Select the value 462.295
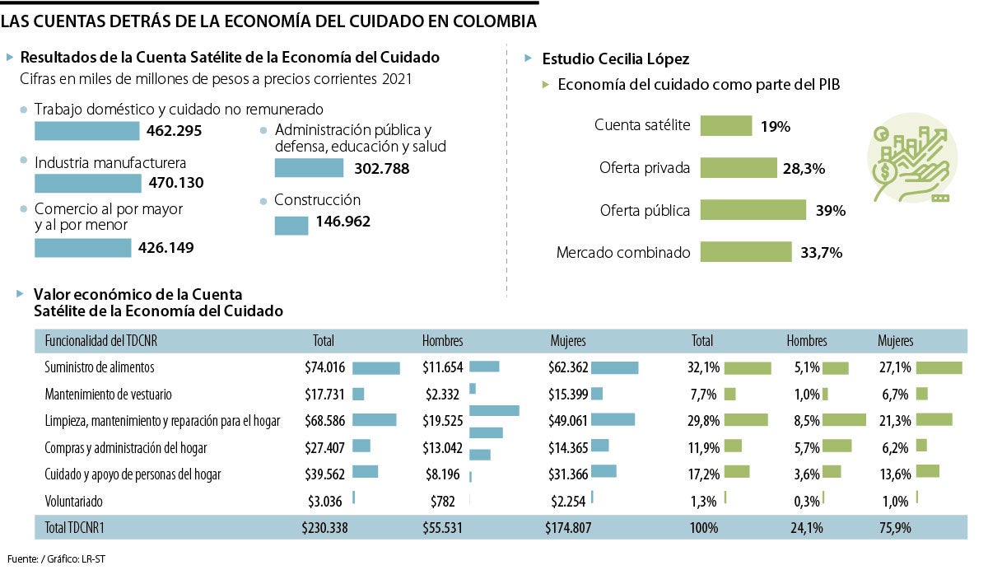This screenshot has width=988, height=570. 174,131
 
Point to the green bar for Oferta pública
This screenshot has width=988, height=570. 753,210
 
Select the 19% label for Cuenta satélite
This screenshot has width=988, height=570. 775,126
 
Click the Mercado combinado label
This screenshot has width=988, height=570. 623,253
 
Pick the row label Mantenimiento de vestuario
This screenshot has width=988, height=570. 108,394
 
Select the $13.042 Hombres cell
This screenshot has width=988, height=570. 442,447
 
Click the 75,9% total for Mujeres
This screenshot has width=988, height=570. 894,527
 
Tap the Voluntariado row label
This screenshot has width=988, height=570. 74,501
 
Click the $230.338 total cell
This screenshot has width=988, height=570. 324,527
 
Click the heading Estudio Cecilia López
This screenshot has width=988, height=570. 615,59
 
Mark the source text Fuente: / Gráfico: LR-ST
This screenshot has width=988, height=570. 57,559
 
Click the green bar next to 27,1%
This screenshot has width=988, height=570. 939,367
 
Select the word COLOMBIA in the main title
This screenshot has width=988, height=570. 489,21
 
